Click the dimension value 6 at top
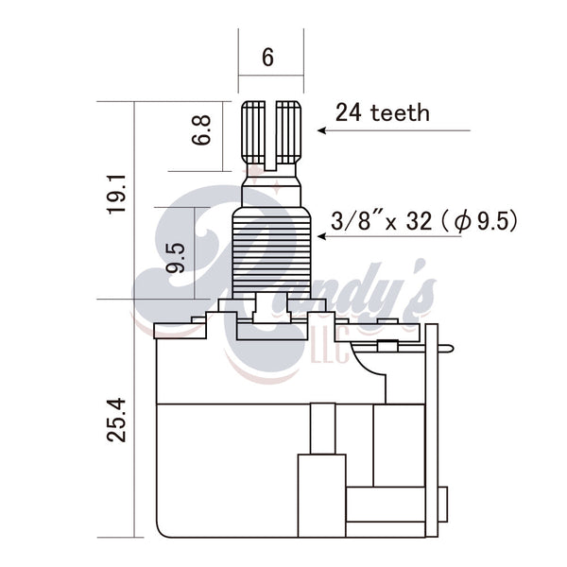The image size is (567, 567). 267,57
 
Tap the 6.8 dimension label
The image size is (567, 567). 201,130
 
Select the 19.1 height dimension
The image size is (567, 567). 116,195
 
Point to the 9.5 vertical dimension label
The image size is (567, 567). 176,258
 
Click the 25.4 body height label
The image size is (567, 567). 116,421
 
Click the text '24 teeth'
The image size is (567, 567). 383,112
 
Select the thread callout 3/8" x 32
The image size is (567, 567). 382,221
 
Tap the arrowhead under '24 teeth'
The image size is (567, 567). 322,130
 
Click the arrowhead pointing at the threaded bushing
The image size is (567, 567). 322,236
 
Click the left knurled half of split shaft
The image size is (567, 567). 253,132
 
